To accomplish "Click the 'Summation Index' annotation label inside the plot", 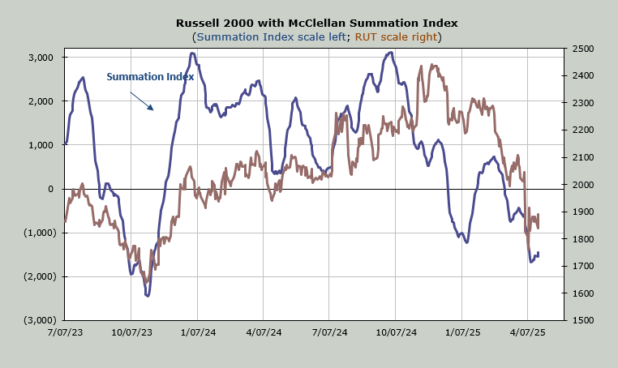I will coord(150,77).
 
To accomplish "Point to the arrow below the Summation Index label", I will coord(141,100).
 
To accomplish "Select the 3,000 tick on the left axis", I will coord(40,58).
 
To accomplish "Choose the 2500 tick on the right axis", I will coord(582,49).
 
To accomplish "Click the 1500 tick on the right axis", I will coord(582,320).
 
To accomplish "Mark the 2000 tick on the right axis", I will coord(582,185).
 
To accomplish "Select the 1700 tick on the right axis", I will coord(582,266).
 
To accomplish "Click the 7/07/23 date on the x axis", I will coord(65,332).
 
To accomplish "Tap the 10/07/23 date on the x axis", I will coord(131,332).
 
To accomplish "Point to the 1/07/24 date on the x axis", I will coord(197,332).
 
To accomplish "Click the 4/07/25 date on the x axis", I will coord(527,332).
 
